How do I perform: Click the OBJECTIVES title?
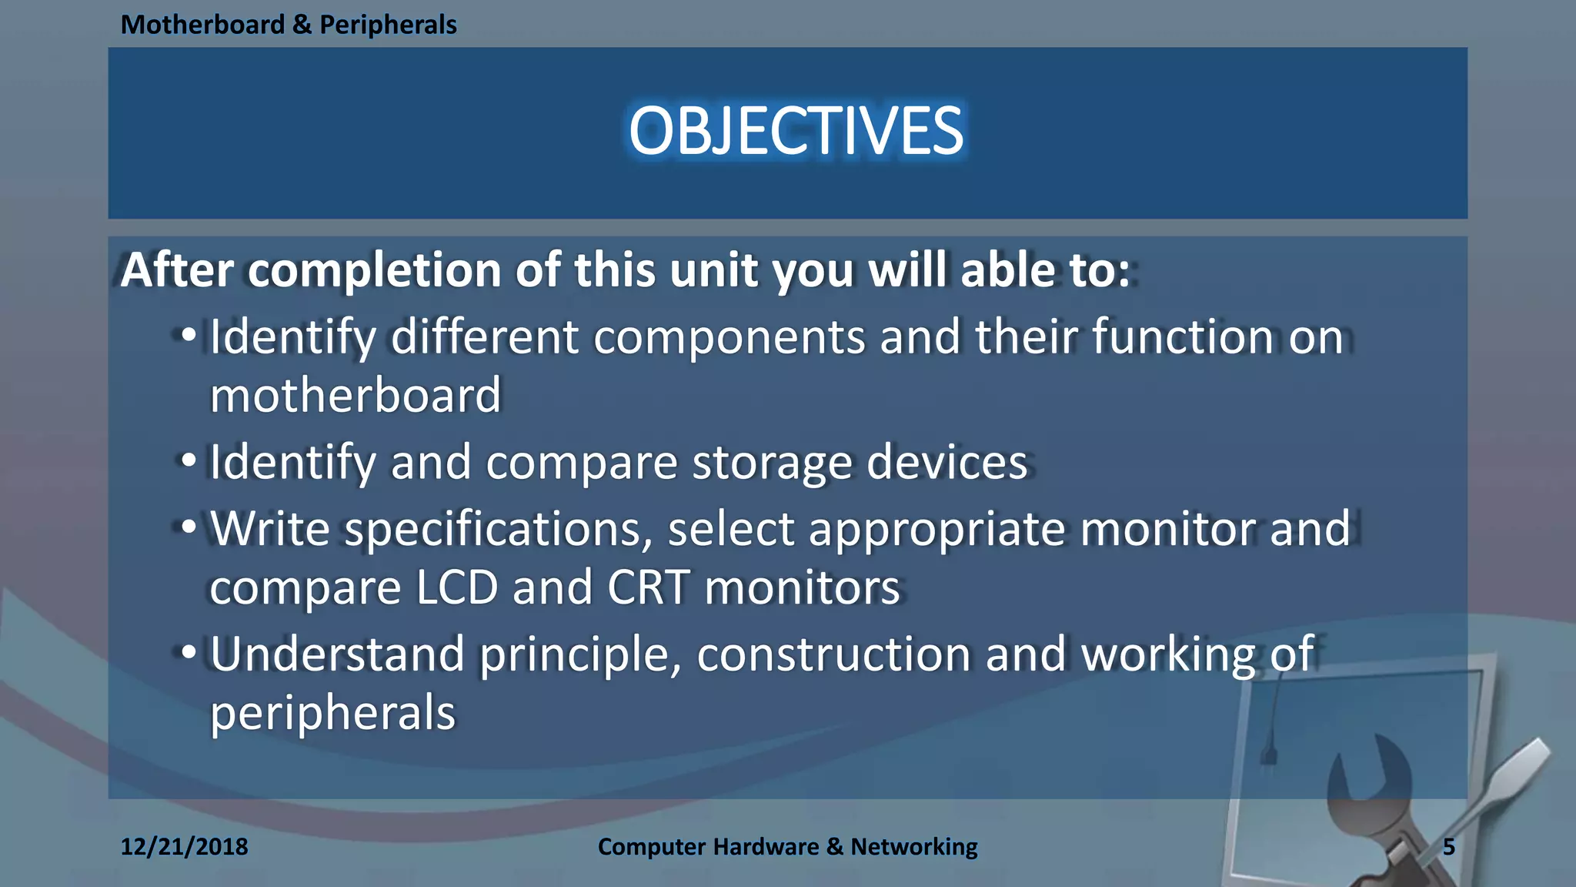pyautogui.click(x=796, y=132)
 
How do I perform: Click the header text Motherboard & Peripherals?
pyautogui.click(x=289, y=25)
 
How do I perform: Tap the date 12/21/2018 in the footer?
pyautogui.click(x=184, y=847)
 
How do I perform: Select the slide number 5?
pyautogui.click(x=1448, y=847)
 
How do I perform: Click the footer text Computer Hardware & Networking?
pyautogui.click(x=787, y=847)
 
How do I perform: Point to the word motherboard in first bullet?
pyautogui.click(x=355, y=395)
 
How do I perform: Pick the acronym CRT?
pyautogui.click(x=648, y=588)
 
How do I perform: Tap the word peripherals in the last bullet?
pyautogui.click(x=332, y=713)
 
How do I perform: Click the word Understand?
pyautogui.click(x=337, y=654)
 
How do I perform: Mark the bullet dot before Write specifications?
pyautogui.click(x=189, y=528)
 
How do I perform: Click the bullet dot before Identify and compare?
pyautogui.click(x=189, y=461)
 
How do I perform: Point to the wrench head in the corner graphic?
pyautogui.click(x=1374, y=778)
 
